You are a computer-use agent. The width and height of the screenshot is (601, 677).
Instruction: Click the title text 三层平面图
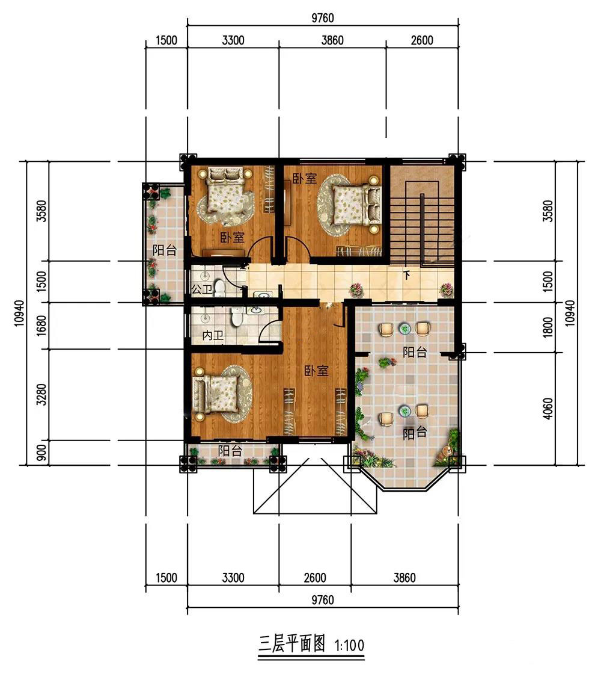coord(291,644)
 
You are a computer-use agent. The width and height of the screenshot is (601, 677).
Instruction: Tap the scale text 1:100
coord(350,646)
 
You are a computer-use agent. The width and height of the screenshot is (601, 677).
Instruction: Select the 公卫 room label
coord(202,289)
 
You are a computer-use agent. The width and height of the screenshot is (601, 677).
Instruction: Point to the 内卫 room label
coord(213,335)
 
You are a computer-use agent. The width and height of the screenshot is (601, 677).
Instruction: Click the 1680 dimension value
coord(41,326)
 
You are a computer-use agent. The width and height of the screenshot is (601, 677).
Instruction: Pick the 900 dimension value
coord(41,453)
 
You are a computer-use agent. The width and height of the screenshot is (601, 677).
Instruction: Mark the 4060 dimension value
coord(548,409)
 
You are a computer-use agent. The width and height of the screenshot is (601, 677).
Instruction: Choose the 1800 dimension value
coord(548,328)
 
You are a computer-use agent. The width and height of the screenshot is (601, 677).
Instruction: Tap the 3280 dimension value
coord(41,394)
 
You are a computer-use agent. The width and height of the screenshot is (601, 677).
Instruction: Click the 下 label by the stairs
coord(406,275)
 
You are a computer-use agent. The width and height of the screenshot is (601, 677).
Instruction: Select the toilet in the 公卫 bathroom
coord(219,288)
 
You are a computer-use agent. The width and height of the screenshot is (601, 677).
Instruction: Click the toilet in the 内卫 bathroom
coord(236,318)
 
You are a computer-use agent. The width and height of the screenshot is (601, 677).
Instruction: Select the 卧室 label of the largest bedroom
coord(316,371)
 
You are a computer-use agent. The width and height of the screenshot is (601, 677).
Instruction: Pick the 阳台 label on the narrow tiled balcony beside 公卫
coord(164,250)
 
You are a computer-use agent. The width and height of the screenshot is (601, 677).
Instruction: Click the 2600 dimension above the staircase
coord(422,40)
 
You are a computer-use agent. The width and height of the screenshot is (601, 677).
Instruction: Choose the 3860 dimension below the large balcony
coord(404,578)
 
